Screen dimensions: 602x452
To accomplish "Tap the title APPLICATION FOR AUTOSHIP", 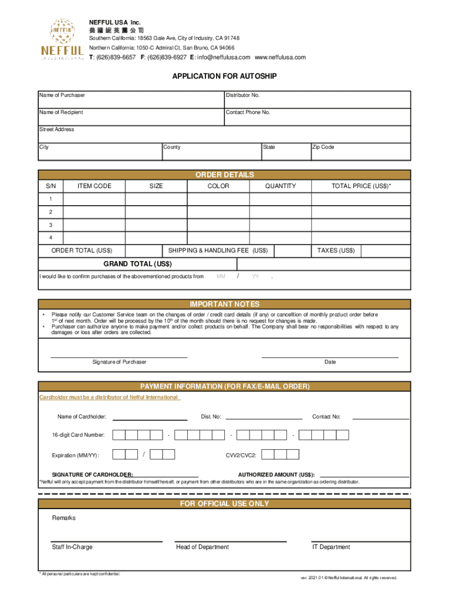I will (x=224, y=76).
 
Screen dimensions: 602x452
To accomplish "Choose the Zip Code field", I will (x=360, y=152).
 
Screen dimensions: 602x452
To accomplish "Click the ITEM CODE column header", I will (x=94, y=186).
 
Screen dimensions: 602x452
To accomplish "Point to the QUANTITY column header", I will (x=280, y=186).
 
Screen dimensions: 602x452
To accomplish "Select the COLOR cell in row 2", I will (x=218, y=212).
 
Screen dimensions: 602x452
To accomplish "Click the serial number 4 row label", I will (x=51, y=238).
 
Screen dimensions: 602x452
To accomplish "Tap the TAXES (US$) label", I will (x=336, y=251).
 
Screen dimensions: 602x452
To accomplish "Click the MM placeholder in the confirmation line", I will (x=221, y=276).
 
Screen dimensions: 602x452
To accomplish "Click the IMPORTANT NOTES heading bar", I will (x=224, y=304).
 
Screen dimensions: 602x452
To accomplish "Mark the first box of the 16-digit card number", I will (x=119, y=435).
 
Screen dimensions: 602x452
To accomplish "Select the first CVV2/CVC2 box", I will (x=268, y=454).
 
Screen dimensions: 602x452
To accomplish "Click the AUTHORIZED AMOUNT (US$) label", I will (x=276, y=474).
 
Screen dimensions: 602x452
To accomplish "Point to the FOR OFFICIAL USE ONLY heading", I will (x=224, y=504).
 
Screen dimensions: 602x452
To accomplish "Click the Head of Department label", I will (x=203, y=547).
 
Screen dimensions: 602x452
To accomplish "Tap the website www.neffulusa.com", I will (x=280, y=58).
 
